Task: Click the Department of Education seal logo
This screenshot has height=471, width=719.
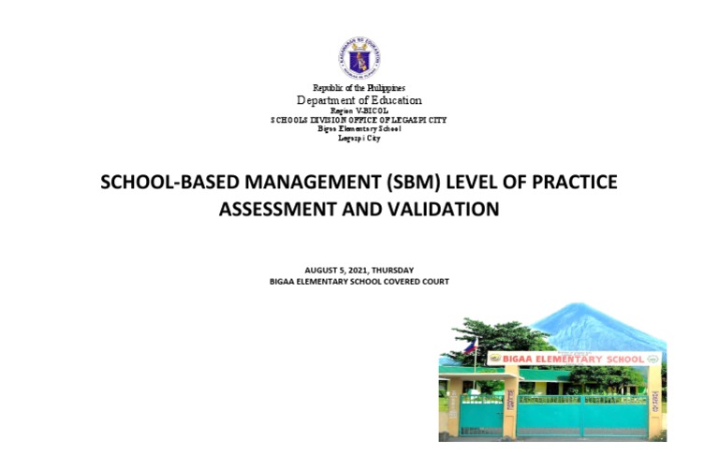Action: [x=359, y=58]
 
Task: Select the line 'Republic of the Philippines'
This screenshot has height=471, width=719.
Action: [x=359, y=88]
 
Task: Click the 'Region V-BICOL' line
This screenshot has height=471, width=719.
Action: [x=359, y=110]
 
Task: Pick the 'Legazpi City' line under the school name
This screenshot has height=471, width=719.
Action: [x=359, y=138]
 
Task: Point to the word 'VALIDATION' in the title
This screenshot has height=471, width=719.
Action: [x=448, y=209]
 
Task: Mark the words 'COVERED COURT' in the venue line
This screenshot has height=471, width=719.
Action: [x=415, y=281]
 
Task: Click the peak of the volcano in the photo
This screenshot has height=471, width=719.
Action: [x=583, y=306]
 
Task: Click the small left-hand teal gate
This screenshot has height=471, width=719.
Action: [x=481, y=414]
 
